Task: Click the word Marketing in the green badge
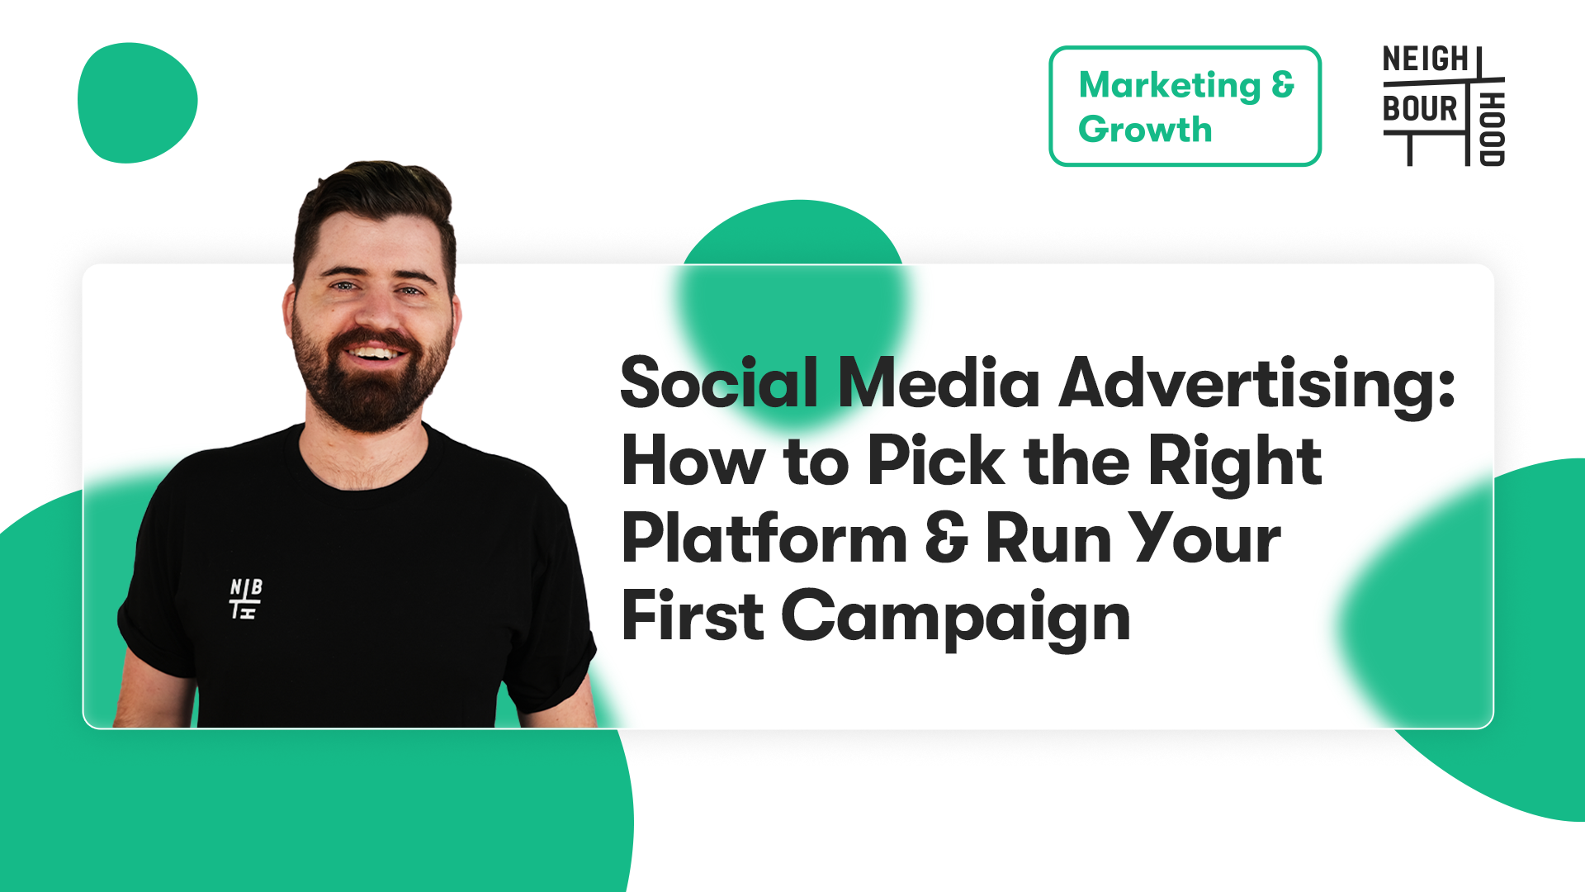click(1170, 86)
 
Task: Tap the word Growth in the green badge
click(1145, 130)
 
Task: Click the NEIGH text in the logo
click(1426, 59)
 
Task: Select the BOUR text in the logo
click(1421, 108)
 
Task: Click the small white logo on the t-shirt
click(245, 599)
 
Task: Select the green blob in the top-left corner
click(137, 102)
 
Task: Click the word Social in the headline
click(719, 382)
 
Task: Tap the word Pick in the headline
click(936, 460)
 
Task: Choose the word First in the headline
click(693, 615)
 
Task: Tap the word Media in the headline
click(939, 382)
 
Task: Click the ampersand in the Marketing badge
click(1283, 84)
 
